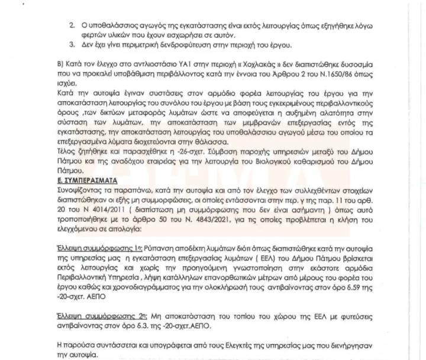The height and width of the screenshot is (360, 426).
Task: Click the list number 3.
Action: pos(72,46)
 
